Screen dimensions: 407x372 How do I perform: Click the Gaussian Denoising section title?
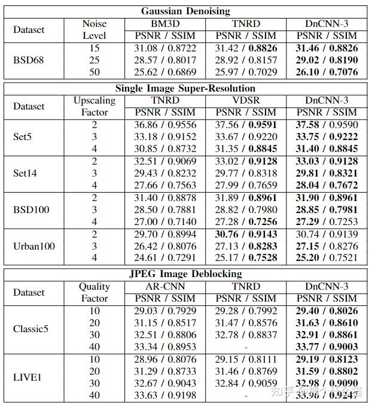[185, 11]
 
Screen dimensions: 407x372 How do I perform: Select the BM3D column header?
[165, 23]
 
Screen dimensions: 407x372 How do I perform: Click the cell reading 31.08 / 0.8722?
[165, 47]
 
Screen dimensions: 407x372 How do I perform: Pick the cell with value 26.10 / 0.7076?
[323, 72]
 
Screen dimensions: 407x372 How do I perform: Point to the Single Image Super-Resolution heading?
[185, 88]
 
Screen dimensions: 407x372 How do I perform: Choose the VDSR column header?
[246, 100]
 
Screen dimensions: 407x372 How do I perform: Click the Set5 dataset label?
[23, 137]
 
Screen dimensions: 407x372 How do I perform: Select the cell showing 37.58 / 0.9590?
[323, 124]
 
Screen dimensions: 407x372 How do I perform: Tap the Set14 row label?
[25, 174]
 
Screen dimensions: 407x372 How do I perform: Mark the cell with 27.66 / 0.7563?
[165, 186]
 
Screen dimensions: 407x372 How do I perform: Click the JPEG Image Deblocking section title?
[185, 274]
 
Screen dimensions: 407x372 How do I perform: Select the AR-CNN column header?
[165, 286]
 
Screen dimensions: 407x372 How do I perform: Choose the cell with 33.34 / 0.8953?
[165, 347]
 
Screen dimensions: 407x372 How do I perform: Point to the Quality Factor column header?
[94, 292]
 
